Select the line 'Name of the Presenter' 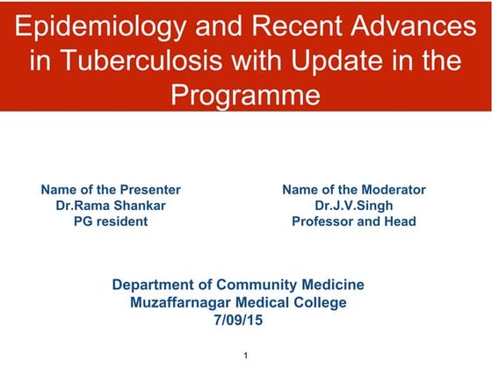(111, 190)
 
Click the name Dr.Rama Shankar (111, 206)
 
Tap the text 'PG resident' (111, 221)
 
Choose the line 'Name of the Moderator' (353, 190)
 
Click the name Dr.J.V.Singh (353, 206)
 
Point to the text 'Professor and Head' (353, 221)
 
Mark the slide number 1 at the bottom (247, 354)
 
